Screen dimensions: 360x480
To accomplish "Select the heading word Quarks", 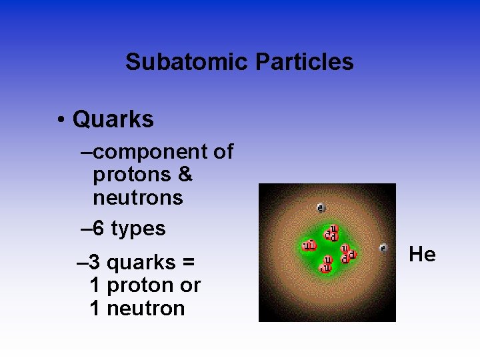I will [113, 119].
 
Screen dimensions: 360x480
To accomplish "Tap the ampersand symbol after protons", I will [185, 175].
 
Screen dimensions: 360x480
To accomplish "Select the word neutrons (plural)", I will [138, 197].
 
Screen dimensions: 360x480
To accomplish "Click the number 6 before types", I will [99, 229].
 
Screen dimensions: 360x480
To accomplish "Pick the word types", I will [138, 229].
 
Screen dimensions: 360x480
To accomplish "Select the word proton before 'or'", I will [139, 286].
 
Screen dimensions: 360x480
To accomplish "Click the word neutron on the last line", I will [145, 309].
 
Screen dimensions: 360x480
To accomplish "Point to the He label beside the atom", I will [422, 254].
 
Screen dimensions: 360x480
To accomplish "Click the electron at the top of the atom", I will [321, 207].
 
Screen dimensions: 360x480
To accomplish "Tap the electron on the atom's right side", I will [383, 248].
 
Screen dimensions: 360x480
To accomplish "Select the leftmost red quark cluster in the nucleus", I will [309, 246].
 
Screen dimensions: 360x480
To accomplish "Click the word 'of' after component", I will [223, 152].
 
